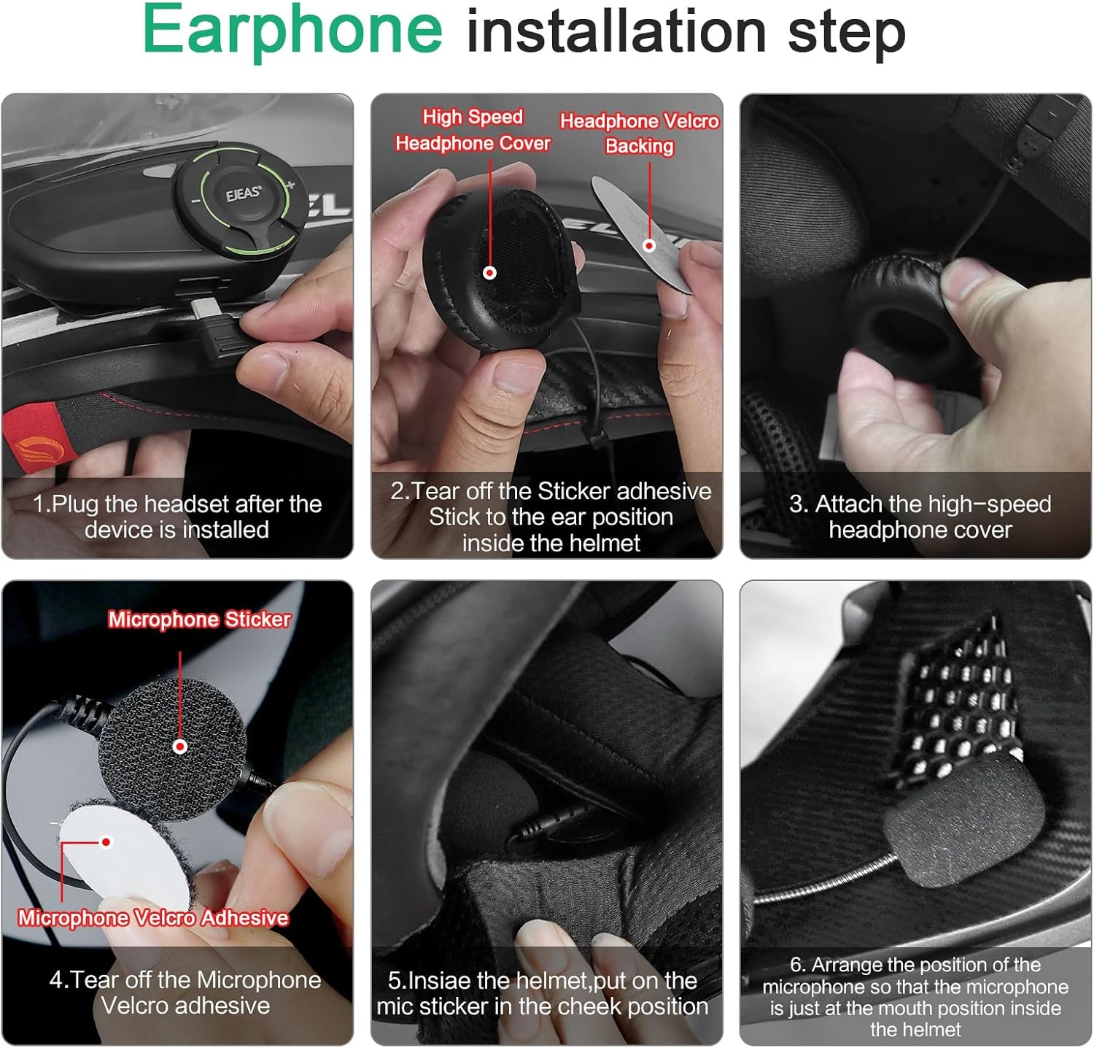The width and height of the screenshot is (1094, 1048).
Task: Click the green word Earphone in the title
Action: point(292,31)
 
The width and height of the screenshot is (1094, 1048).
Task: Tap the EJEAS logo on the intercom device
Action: point(243,194)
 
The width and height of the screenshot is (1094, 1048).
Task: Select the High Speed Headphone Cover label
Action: point(473,130)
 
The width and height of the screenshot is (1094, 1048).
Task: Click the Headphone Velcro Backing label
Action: point(640,133)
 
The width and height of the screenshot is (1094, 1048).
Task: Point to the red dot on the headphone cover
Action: point(490,272)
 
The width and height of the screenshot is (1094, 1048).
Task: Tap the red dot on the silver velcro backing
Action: point(648,246)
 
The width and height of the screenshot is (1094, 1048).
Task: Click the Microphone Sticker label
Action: point(199,620)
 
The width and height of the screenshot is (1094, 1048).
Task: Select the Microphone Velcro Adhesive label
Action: point(153,917)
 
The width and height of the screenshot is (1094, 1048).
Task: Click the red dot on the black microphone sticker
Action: point(180,746)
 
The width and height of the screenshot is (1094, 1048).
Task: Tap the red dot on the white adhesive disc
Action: point(106,842)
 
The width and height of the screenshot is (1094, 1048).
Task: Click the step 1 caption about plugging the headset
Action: point(177,517)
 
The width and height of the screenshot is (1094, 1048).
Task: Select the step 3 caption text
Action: point(920,517)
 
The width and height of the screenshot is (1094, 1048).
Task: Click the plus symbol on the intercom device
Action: point(291,185)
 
